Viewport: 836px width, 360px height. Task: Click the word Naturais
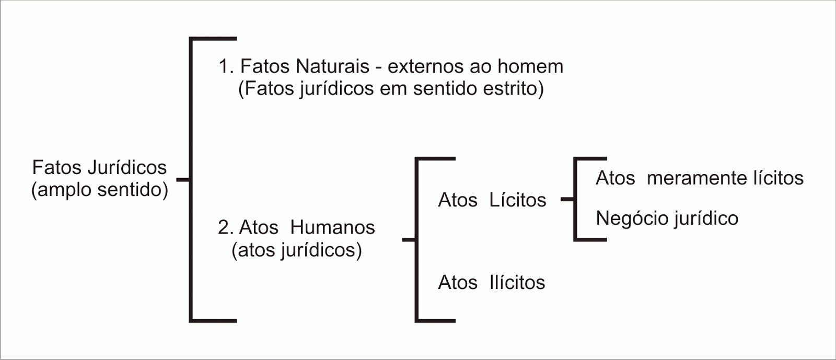tap(332, 66)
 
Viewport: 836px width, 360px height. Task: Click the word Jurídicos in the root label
tap(127, 168)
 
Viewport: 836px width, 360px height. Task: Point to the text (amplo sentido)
tap(100, 190)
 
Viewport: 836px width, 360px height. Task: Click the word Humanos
tap(332, 227)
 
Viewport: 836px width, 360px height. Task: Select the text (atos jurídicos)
tap(297, 250)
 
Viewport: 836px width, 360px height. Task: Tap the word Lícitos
tap(518, 200)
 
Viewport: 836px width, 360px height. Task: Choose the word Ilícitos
tap(517, 282)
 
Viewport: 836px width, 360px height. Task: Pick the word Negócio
tap(628, 218)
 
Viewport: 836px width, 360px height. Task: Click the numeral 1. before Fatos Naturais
tap(226, 66)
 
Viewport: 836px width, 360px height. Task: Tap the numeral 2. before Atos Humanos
tap(226, 227)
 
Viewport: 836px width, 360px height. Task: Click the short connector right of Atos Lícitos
tap(567, 200)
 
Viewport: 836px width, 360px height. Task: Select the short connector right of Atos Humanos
tap(409, 239)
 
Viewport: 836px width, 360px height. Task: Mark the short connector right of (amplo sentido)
tap(183, 180)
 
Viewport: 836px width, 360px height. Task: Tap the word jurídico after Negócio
tap(703, 218)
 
